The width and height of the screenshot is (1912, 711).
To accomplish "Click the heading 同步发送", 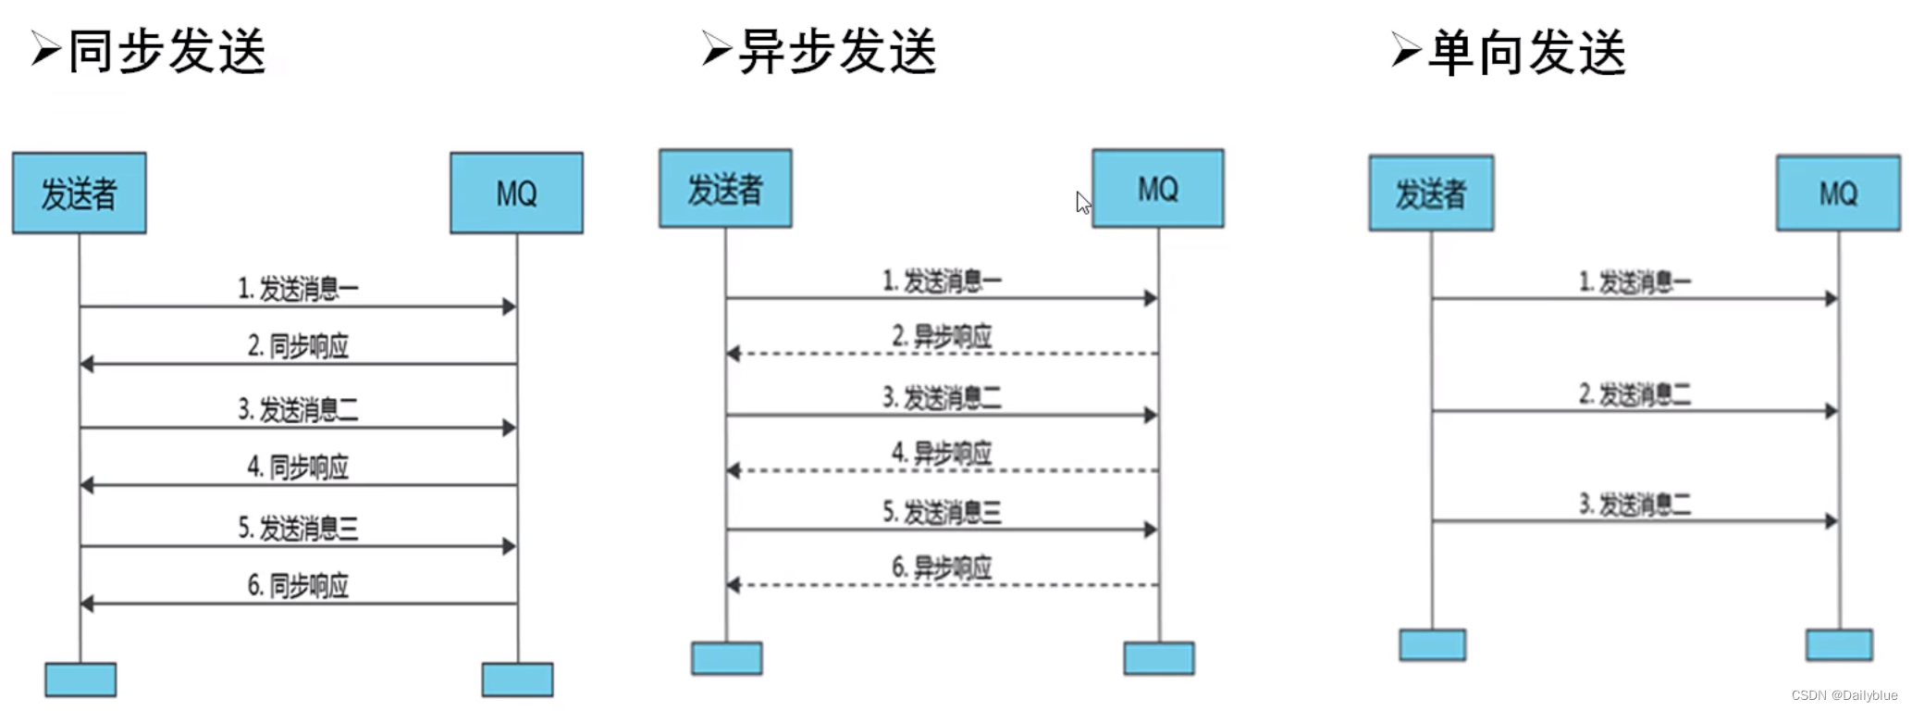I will (x=167, y=51).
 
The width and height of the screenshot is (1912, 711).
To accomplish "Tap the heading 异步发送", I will (x=837, y=51).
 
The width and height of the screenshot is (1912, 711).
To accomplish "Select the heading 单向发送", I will (x=1526, y=52).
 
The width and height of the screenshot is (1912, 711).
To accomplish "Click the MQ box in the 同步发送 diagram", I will (x=516, y=193).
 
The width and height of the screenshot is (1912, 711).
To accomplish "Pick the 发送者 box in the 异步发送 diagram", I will (x=725, y=189).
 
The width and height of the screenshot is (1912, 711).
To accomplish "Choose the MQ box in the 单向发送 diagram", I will (x=1838, y=193).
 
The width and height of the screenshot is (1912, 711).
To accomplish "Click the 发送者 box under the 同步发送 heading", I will (x=80, y=193).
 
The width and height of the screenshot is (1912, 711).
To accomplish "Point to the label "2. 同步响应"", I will (x=298, y=345).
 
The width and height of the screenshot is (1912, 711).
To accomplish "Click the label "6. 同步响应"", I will (x=298, y=585).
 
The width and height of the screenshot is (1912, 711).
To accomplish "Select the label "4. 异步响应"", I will (x=942, y=453).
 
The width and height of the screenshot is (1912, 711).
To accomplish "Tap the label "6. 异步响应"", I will (x=942, y=568).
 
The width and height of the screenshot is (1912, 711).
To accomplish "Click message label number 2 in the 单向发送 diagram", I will (x=1634, y=394).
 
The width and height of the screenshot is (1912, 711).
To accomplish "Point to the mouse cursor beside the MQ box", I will (x=1083, y=202).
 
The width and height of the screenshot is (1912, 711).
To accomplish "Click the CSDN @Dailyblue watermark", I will (x=1844, y=695).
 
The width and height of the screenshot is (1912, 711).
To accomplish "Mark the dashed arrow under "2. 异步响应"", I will (x=942, y=354).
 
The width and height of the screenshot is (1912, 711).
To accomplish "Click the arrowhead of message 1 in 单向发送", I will (x=1831, y=298).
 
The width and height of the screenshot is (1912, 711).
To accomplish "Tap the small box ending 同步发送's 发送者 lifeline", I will (x=80, y=680).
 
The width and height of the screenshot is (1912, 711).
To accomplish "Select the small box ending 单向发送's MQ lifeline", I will (x=1839, y=644).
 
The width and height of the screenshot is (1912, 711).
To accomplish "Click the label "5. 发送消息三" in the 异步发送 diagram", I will (x=942, y=512).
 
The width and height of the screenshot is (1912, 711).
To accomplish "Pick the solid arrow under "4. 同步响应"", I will (x=298, y=485).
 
